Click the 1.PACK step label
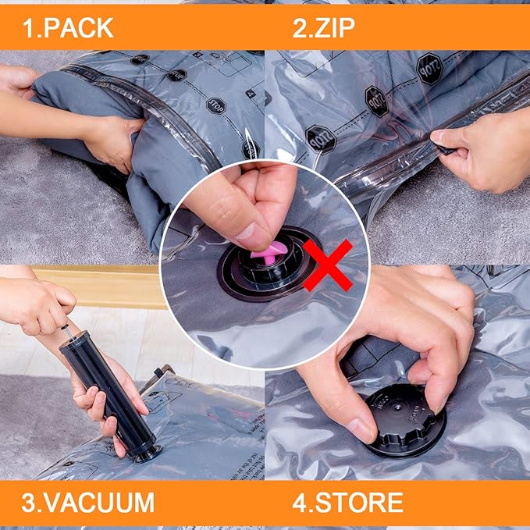pos(67,28)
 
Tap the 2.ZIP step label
pos(323,28)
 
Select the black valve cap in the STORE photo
pos(407,419)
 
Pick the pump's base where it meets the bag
pos(146,454)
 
